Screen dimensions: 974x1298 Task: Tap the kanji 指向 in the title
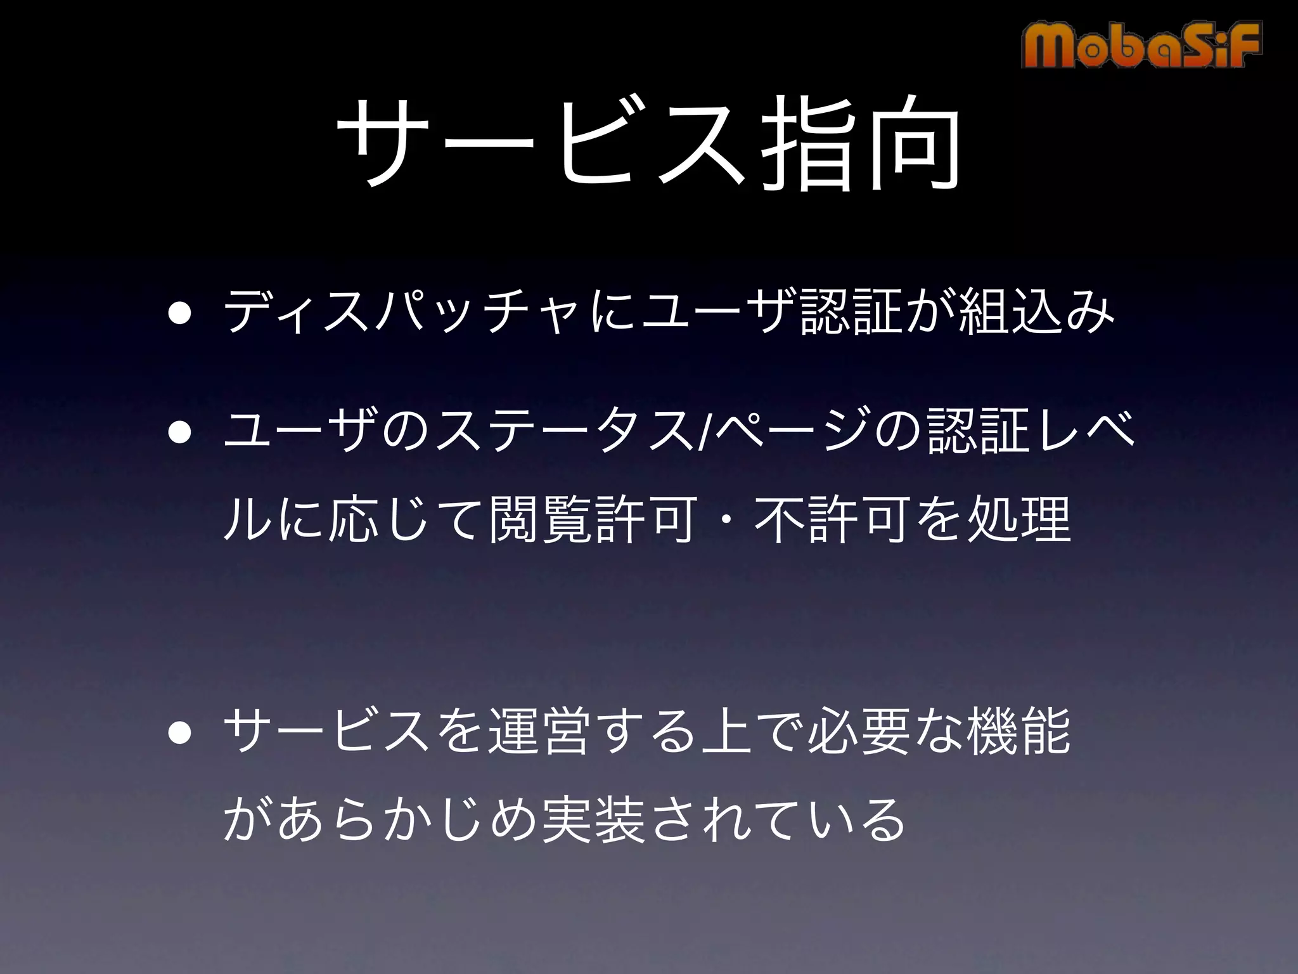(x=859, y=145)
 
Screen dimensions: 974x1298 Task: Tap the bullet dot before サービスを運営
(x=180, y=732)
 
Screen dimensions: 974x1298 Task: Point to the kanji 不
(x=780, y=520)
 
